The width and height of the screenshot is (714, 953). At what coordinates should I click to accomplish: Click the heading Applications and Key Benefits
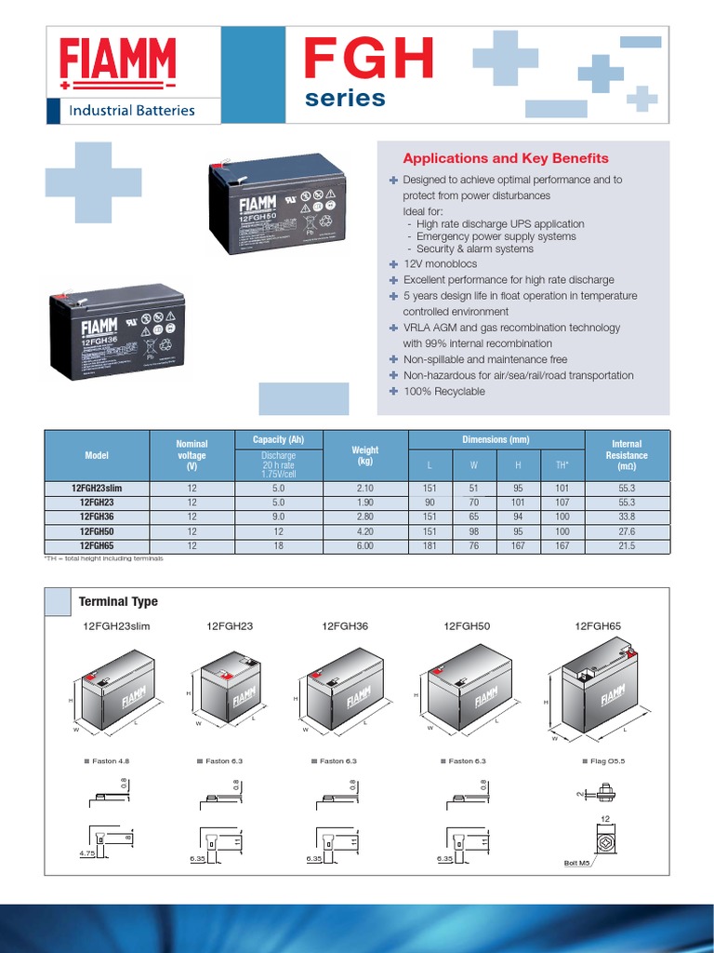pos(505,158)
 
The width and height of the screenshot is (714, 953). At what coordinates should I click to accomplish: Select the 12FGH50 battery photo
pos(276,203)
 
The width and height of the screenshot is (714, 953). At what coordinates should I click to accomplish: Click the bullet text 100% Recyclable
pos(443,392)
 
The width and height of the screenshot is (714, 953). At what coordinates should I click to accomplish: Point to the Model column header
pos(97,455)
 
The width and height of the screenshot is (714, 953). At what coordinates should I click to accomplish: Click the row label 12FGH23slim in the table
pos(97,488)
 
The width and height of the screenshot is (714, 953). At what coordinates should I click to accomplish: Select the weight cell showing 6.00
pos(365,546)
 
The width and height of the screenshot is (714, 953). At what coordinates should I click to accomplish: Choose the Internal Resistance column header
pos(626,455)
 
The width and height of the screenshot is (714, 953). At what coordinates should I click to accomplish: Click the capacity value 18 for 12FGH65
pos(278,546)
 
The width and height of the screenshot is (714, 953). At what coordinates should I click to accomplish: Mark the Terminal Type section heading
pos(117,602)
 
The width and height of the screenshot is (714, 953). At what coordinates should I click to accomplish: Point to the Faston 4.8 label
pos(110,761)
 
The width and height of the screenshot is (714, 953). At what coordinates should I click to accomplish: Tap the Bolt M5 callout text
pos(577,863)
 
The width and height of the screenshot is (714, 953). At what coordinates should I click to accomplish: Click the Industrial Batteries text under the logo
pos(132,110)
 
